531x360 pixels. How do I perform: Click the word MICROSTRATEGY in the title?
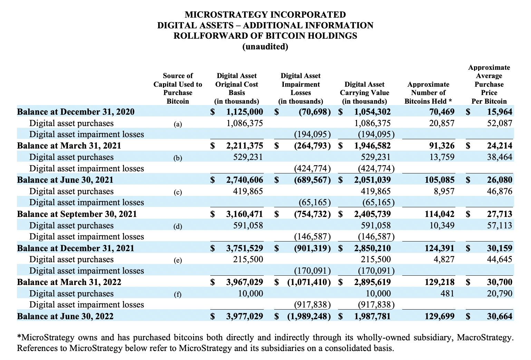click(x=226, y=15)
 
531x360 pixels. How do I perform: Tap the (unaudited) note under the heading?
click(x=265, y=47)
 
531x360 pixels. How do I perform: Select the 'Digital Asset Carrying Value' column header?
click(x=364, y=93)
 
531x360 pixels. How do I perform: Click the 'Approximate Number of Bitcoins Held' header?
click(x=428, y=93)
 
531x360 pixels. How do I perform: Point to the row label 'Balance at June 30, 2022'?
click(x=65, y=316)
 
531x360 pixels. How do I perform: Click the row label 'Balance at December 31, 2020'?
click(x=76, y=112)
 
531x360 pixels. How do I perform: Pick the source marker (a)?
click(x=177, y=124)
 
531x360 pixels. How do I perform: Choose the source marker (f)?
click(x=177, y=294)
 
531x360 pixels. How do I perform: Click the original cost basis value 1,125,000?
click(x=244, y=112)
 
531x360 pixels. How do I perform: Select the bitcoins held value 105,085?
click(x=440, y=180)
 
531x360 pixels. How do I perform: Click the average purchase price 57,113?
click(x=500, y=225)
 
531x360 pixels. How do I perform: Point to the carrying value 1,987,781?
click(x=372, y=316)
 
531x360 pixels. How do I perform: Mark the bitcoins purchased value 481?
click(x=447, y=293)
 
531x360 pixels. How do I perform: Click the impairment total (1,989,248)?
click(x=309, y=316)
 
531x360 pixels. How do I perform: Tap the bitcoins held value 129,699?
click(x=440, y=316)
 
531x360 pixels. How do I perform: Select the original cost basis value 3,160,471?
click(x=244, y=214)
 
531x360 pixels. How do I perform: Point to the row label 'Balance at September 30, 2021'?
click(x=77, y=214)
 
